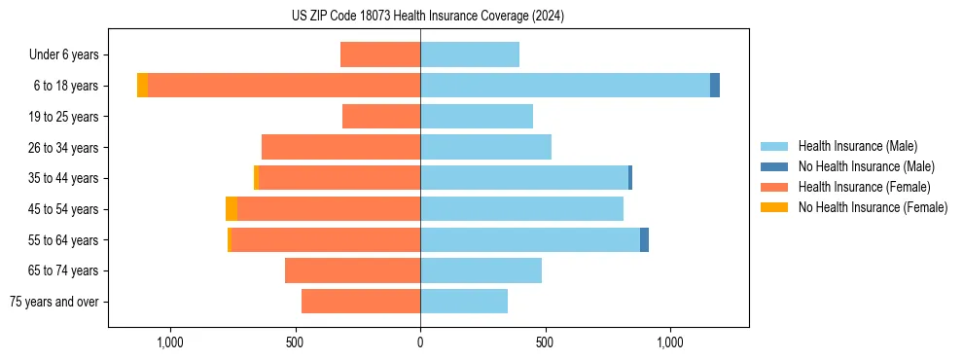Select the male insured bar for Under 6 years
pyautogui.click(x=470, y=54)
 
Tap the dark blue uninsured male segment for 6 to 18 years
pyautogui.click(x=715, y=86)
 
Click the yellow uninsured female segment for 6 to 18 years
pyautogui.click(x=142, y=86)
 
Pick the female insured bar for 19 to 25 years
pyautogui.click(x=381, y=117)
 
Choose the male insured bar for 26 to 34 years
pyautogui.click(x=485, y=147)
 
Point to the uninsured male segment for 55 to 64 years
pyautogui.click(x=644, y=239)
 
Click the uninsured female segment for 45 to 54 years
pyautogui.click(x=232, y=209)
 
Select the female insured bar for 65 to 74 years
pyautogui.click(x=352, y=270)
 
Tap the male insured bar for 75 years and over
pyautogui.click(x=464, y=302)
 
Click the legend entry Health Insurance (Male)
pyautogui.click(x=857, y=146)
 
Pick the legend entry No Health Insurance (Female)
pyautogui.click(x=873, y=207)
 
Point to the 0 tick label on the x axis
pyautogui.click(x=420, y=342)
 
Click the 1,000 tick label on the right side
pyautogui.click(x=670, y=342)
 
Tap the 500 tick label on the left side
pyautogui.click(x=296, y=342)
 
